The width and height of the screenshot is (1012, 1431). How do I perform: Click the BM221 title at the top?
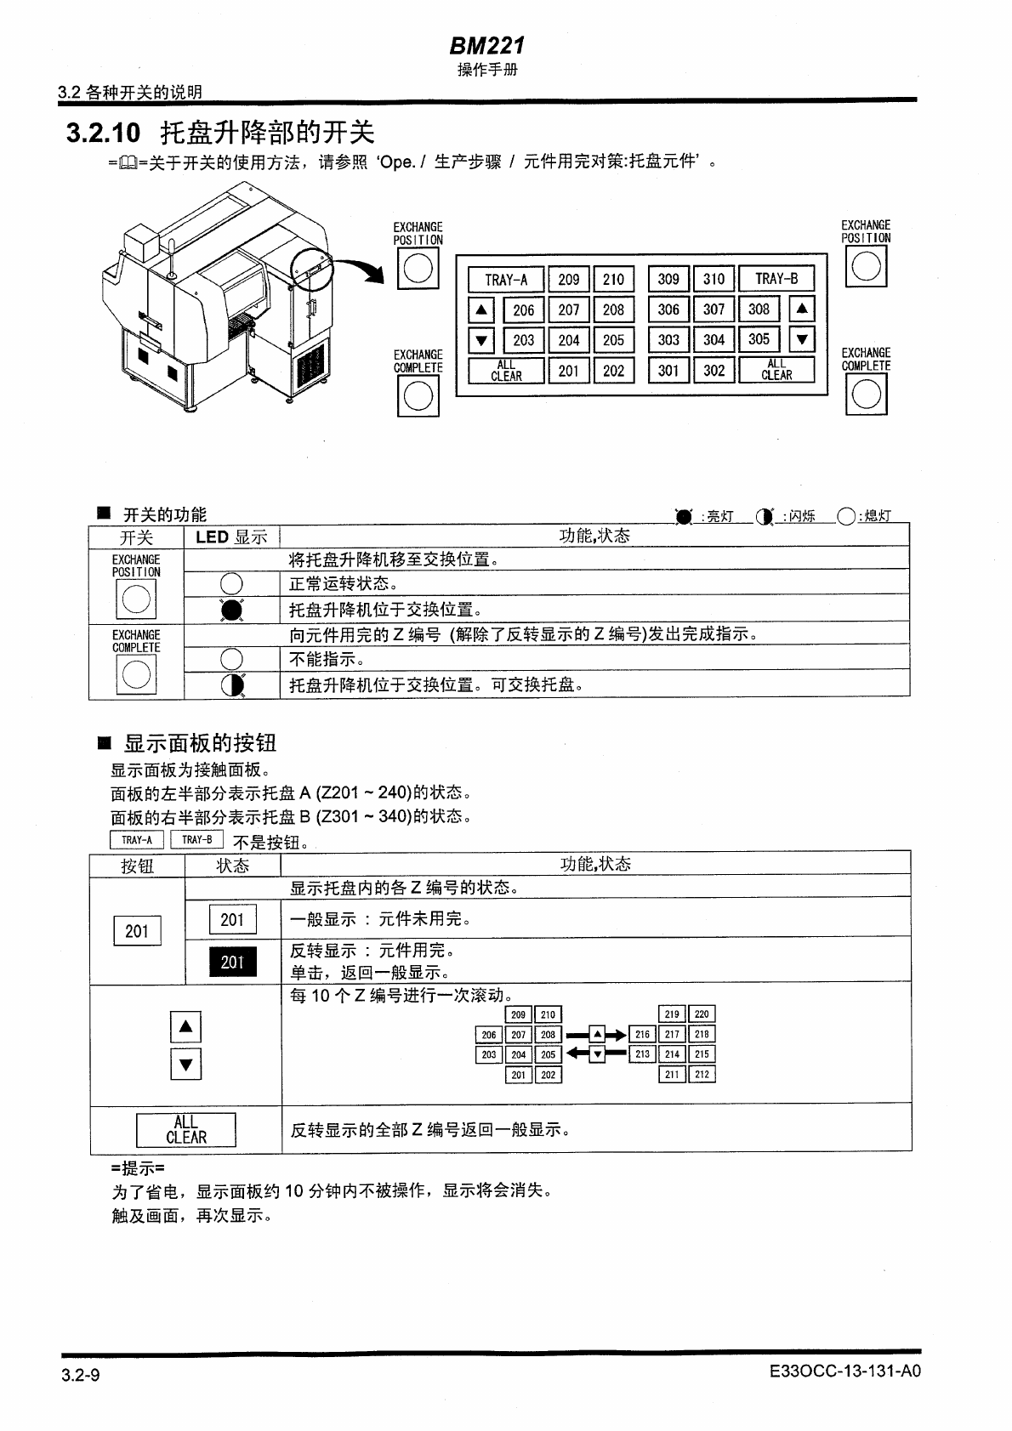coord(487,45)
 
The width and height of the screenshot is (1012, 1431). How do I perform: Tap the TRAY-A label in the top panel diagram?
coord(506,280)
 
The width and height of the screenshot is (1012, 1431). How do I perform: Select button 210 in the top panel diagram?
coord(613,280)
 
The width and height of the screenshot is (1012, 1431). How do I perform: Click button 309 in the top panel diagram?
coord(668,279)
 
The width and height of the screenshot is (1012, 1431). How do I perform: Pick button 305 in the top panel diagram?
coord(759,339)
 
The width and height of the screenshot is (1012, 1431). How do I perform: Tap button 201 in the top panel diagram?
coord(568,371)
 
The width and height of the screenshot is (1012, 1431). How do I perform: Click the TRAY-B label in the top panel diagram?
coord(776,279)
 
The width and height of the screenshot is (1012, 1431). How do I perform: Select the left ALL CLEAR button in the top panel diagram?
coord(506,371)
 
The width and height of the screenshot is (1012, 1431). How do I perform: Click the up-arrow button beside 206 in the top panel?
coord(481,310)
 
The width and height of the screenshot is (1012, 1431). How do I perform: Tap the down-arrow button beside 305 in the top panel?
coord(801,340)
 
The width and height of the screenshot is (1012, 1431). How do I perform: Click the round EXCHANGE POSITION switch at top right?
coord(866,266)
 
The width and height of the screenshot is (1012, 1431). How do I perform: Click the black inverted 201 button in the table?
coord(232,962)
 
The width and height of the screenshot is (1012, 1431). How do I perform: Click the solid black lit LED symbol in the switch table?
coord(232,610)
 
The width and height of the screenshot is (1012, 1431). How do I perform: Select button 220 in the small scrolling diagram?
coord(702,1014)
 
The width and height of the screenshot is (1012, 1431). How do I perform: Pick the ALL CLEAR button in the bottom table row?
coord(186,1130)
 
